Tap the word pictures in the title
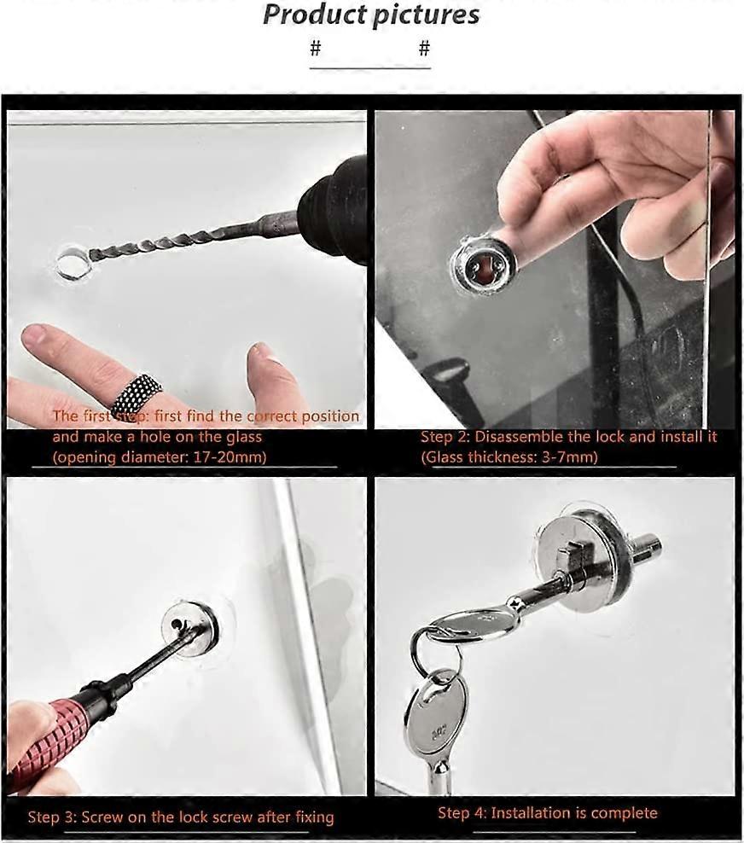point(424,15)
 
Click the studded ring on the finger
point(136,393)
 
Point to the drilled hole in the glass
point(72,262)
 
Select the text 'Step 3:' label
point(53,817)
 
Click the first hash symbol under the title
point(316,49)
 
